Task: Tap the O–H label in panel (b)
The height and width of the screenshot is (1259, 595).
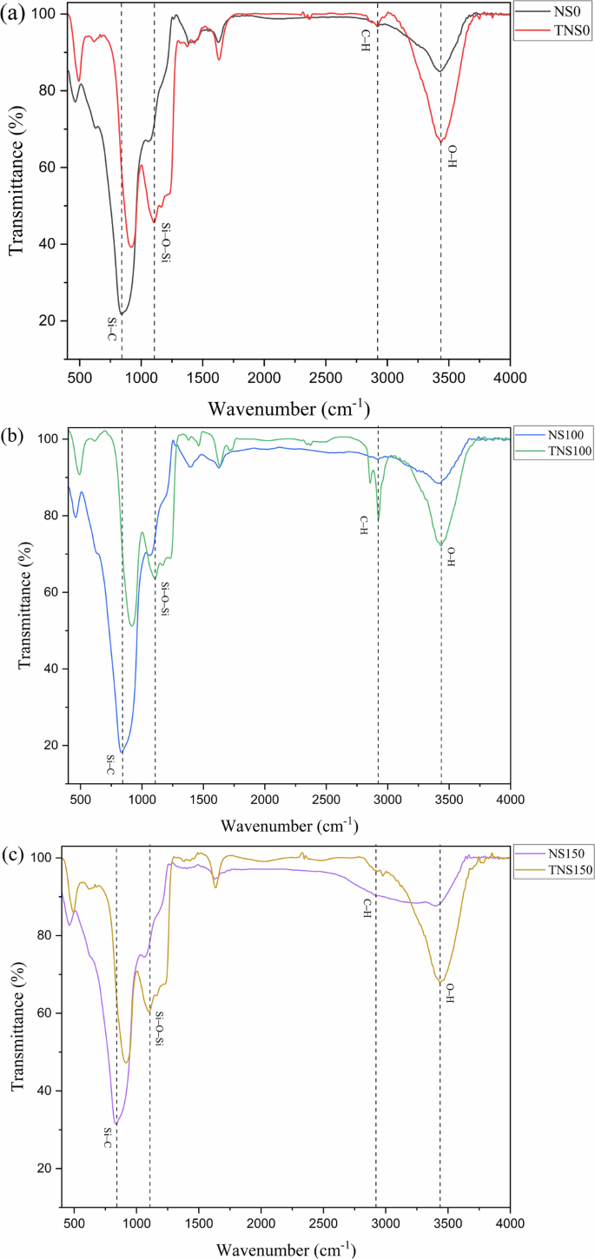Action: [x=451, y=557]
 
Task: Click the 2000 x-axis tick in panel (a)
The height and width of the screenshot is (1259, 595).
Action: [x=264, y=379]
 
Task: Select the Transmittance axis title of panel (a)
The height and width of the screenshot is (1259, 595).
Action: [x=15, y=188]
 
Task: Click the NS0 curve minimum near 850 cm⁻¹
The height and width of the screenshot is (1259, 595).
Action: [x=122, y=313]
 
